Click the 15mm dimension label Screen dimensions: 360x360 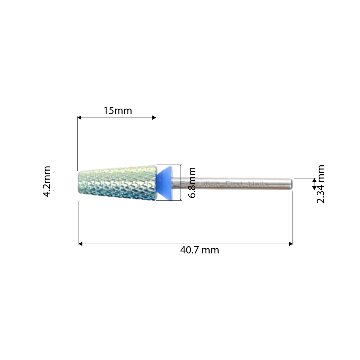(x=117, y=110)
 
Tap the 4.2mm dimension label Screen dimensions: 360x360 (x=47, y=181)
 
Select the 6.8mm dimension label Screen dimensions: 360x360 (x=191, y=183)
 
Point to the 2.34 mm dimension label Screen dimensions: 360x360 (x=321, y=184)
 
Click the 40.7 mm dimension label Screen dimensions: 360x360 (x=200, y=250)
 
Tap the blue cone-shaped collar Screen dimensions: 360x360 (x=164, y=183)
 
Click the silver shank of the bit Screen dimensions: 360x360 (x=232, y=184)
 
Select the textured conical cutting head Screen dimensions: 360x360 (x=117, y=183)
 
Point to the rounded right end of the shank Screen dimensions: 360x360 (x=291, y=184)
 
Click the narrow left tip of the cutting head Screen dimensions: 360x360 (x=78, y=183)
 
